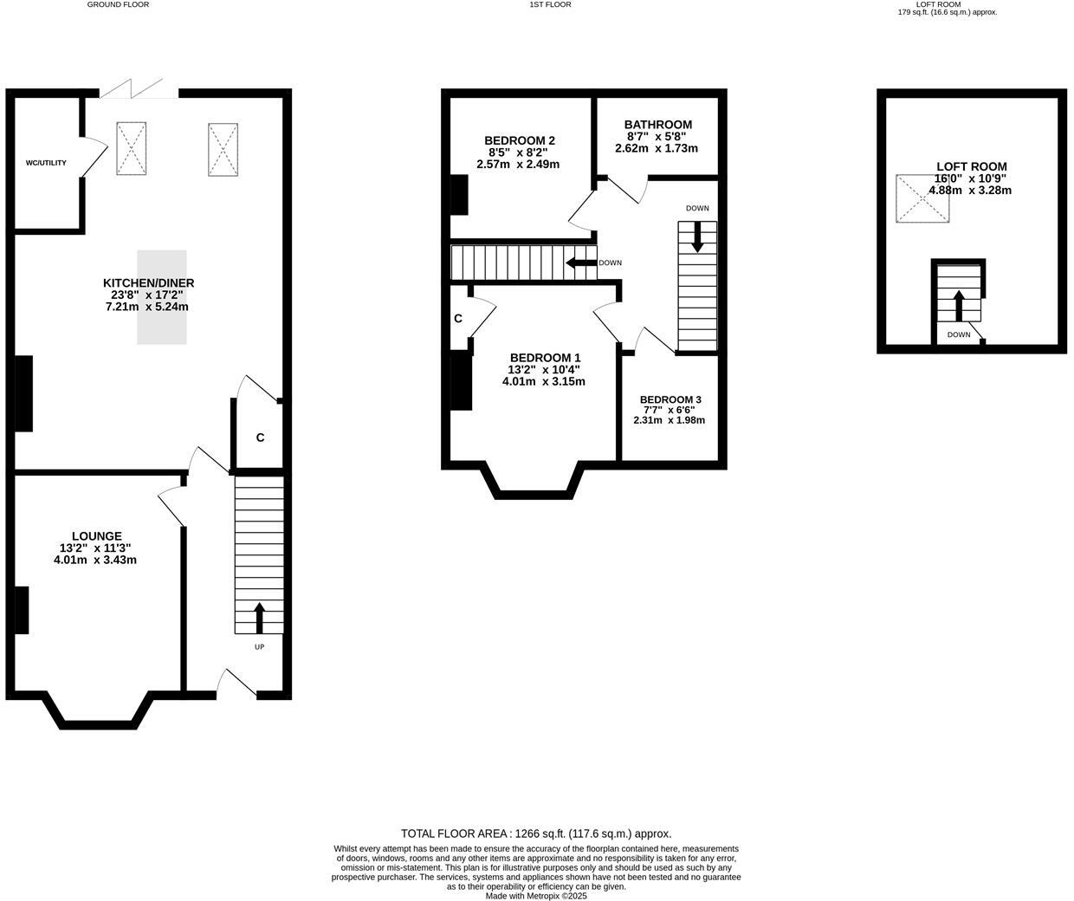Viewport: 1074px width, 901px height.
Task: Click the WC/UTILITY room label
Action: tap(46, 163)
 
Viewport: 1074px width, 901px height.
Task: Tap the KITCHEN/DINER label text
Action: tap(148, 283)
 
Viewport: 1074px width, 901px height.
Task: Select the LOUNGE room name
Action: tap(96, 536)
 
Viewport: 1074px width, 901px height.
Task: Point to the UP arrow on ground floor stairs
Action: tap(259, 618)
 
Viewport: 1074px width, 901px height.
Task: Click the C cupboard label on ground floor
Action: tap(260, 438)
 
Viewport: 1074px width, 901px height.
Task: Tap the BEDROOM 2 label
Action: tap(519, 140)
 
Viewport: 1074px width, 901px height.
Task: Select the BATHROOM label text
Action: tap(657, 125)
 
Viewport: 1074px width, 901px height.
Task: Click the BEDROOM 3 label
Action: tap(670, 399)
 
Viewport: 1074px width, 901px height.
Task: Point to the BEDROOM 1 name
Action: tap(545, 358)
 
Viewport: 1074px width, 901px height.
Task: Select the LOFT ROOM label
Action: tap(971, 166)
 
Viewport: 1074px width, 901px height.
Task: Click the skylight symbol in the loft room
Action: tap(922, 199)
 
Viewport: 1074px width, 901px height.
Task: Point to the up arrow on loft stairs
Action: tap(958, 306)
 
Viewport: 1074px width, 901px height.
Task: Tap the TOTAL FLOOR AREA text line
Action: tap(536, 833)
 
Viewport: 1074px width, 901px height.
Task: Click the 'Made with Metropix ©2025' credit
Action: tap(536, 896)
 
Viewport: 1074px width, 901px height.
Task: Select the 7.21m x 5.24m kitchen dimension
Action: tap(146, 307)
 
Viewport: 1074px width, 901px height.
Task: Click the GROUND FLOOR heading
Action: tap(118, 4)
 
